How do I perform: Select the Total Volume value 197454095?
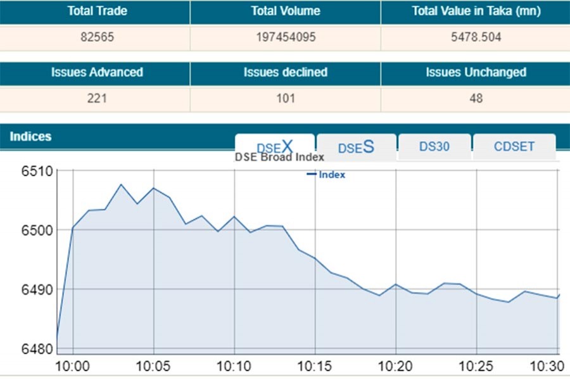coord(285,37)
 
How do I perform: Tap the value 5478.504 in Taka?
coord(475,37)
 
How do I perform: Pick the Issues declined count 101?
coord(285,98)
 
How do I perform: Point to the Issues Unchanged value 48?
coord(476,98)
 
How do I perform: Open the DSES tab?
coord(356,147)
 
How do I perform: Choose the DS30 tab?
coord(434,147)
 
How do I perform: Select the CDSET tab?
coord(514,147)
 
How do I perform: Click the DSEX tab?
coord(275,147)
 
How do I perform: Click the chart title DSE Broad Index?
coord(279,157)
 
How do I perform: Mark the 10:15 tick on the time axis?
coord(315,366)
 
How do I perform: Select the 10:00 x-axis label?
coord(73,366)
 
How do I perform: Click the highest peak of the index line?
coord(122,184)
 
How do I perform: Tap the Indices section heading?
coord(30,137)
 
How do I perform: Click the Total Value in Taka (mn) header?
coord(475,11)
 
